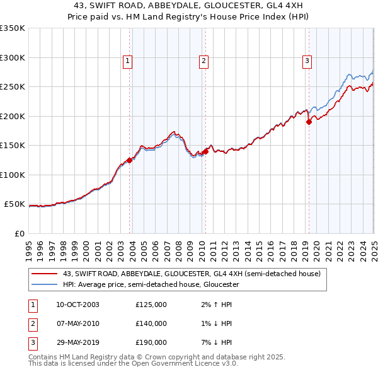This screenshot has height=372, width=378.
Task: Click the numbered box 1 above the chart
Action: pos(127,61)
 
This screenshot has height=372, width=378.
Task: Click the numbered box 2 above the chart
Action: pos(204,61)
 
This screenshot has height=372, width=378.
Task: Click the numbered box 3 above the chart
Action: pos(307,61)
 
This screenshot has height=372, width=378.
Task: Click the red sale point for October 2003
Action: pos(130,160)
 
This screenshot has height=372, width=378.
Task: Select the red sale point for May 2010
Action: pos(205,151)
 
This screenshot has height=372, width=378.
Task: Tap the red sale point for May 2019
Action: pos(309,122)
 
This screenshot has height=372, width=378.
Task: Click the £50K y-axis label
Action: pos(14,204)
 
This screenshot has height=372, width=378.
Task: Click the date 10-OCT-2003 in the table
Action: pos(77,305)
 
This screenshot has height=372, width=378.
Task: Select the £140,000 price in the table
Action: pos(151,323)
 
